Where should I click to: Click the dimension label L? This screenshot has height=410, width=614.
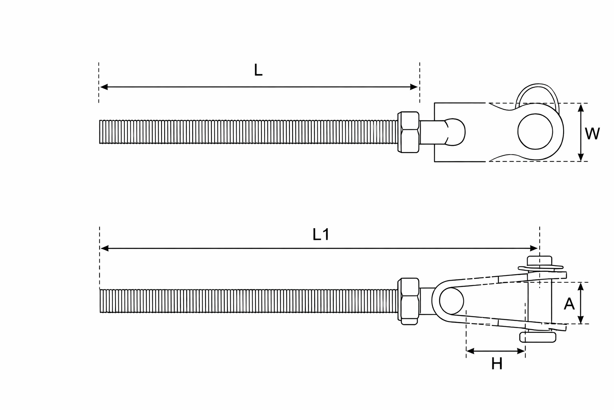point(258,70)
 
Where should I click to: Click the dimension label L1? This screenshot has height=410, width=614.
point(321,234)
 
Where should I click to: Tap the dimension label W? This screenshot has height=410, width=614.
point(592,134)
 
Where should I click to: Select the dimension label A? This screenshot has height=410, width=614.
point(569,304)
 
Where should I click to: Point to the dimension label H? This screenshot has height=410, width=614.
point(496,364)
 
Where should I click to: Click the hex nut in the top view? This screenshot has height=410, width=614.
point(408,132)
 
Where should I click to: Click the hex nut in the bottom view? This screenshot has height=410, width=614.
point(408,301)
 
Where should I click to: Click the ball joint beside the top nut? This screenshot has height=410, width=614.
point(456,131)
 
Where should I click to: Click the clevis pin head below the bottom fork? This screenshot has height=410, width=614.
point(538,337)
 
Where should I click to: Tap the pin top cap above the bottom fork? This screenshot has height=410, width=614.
point(540,260)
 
